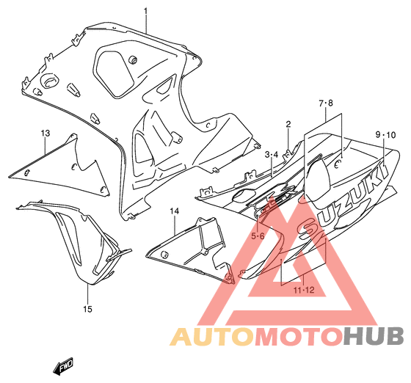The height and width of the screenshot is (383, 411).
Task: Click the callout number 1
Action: (x=145, y=12)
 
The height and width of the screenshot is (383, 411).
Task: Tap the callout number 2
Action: (x=288, y=124)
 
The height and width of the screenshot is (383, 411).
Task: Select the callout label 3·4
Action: (x=272, y=155)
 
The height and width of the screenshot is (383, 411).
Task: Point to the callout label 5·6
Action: (x=258, y=236)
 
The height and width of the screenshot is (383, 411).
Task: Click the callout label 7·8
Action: (x=326, y=103)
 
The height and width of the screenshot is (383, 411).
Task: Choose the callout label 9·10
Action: (x=385, y=135)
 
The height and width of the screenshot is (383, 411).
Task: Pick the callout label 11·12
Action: (x=304, y=290)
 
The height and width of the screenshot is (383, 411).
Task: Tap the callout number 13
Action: (x=45, y=133)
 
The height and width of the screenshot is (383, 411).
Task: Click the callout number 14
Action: (x=175, y=211)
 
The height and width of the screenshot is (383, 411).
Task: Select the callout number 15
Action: (x=88, y=309)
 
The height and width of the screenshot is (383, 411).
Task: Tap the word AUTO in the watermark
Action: (x=213, y=336)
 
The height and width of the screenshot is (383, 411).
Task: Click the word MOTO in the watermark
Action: (x=299, y=336)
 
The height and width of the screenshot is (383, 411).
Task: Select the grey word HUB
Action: (x=374, y=336)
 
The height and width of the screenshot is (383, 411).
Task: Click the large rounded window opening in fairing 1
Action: (x=113, y=73)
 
